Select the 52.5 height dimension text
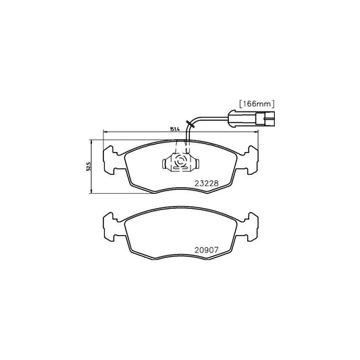(x=87, y=168)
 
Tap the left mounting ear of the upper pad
(x=110, y=160)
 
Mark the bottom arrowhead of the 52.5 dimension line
(x=91, y=194)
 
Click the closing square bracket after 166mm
(x=272, y=105)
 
